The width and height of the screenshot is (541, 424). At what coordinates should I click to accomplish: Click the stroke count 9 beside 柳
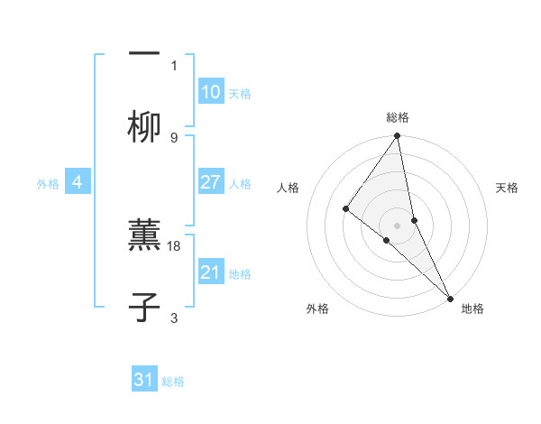tap(174, 138)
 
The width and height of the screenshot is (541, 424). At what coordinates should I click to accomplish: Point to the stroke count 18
tap(175, 245)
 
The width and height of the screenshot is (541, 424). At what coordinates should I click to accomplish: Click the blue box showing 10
tap(211, 92)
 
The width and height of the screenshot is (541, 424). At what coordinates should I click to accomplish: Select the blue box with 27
tap(211, 182)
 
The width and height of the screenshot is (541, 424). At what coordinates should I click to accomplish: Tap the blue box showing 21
tap(211, 272)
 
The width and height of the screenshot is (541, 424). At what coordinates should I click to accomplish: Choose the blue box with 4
tap(78, 182)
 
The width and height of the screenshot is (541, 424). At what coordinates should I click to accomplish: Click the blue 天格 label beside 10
tap(240, 94)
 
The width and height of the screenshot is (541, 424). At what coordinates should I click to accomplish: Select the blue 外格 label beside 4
tap(48, 184)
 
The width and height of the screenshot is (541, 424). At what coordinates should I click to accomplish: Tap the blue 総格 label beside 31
tap(173, 382)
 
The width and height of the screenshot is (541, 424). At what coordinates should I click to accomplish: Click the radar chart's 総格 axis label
tap(398, 117)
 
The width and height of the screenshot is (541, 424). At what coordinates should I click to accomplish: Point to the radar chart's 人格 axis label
tap(288, 188)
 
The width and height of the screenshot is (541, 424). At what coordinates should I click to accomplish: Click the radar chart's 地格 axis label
tap(472, 309)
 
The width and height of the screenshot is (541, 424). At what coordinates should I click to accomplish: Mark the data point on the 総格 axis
tap(398, 137)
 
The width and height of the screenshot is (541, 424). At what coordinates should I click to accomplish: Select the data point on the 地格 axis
tap(449, 297)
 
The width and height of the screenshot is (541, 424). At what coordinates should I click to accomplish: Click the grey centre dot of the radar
tap(398, 224)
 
